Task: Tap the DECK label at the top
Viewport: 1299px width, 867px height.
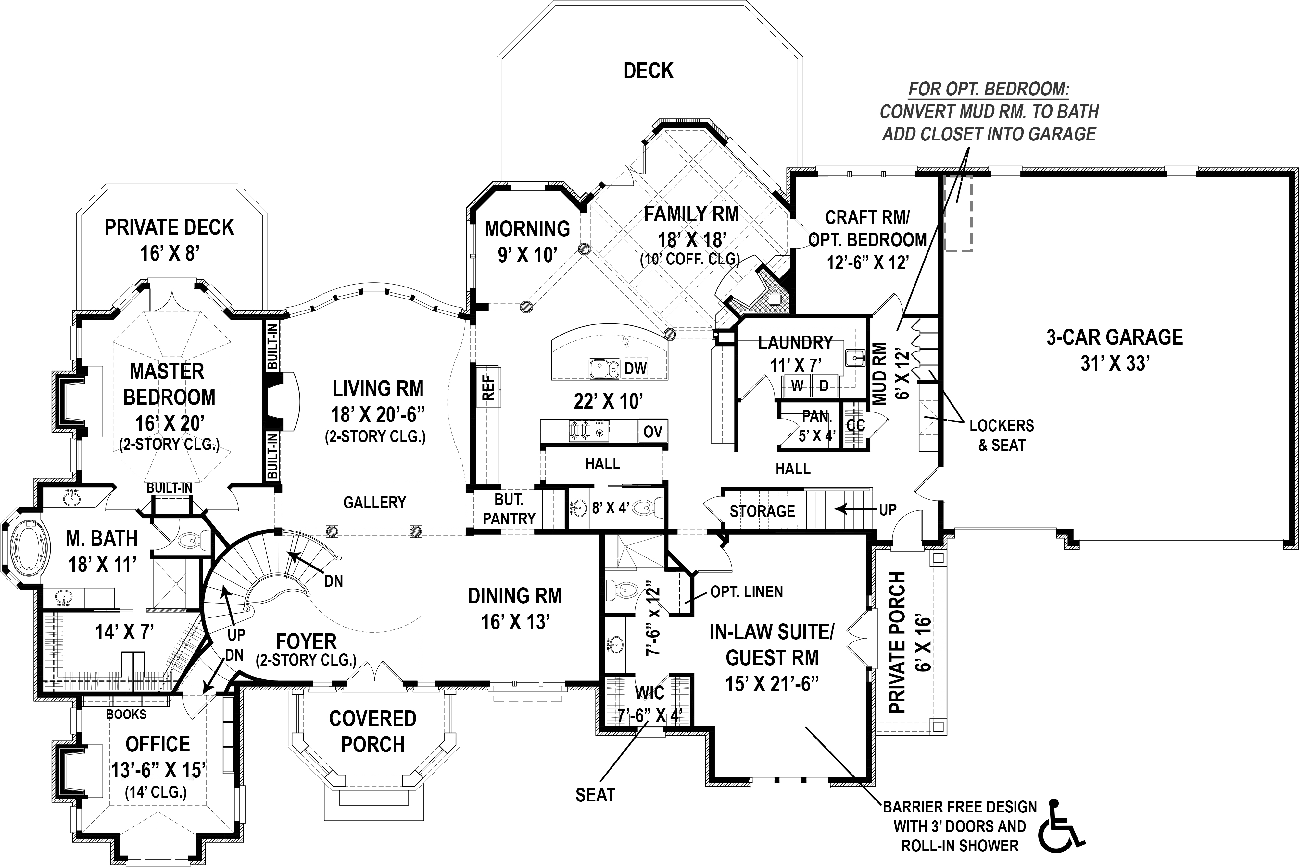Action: pos(649,71)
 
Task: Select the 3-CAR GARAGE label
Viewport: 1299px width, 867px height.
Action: pos(1114,337)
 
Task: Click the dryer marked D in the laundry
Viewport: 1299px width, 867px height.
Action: pos(824,386)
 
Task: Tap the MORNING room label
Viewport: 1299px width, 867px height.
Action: pos(527,228)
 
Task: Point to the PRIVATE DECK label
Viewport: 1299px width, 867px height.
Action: pos(169,227)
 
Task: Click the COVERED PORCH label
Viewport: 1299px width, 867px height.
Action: pos(373,731)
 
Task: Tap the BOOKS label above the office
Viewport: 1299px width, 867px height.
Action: pos(126,714)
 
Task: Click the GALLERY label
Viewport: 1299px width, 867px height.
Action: pos(374,503)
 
